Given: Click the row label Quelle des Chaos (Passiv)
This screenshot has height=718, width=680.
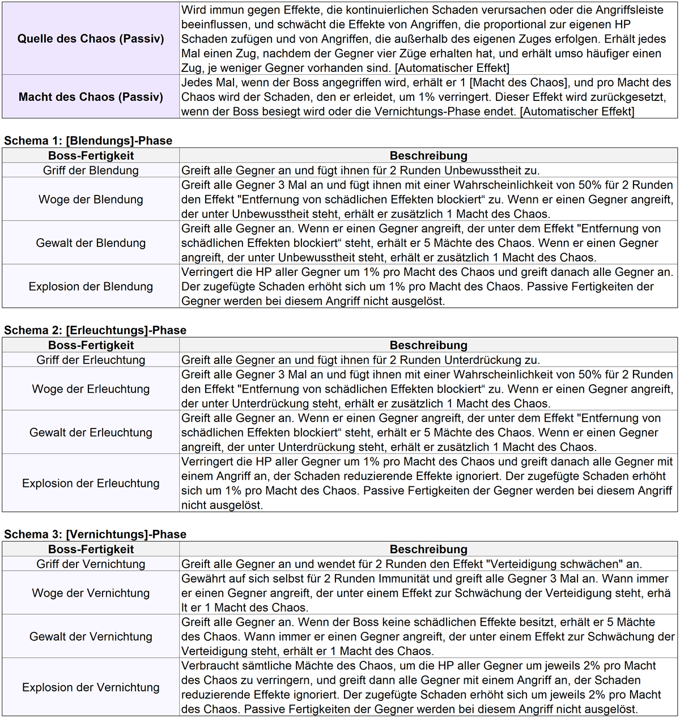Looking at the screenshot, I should (x=91, y=39).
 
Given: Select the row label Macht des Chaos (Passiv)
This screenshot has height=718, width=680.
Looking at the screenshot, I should (x=91, y=97).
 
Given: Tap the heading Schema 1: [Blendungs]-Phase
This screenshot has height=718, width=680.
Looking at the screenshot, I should (x=88, y=141).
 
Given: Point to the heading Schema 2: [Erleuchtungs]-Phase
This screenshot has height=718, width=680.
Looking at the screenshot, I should (x=95, y=330).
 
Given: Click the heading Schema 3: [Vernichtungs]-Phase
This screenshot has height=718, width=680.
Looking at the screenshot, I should (x=95, y=534).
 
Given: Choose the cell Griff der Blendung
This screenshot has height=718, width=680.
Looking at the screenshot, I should (x=91, y=171).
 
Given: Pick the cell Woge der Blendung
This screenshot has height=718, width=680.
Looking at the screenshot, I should (x=91, y=199).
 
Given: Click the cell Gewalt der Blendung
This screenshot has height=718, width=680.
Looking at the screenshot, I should (x=91, y=243).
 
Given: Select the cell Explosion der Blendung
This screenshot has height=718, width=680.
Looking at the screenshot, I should (x=91, y=287).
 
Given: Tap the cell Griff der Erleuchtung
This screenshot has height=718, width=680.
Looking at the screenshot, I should (x=91, y=360).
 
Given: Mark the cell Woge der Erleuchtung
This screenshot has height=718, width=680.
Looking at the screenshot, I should (x=91, y=389).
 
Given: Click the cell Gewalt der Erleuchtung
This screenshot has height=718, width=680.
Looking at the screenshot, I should (x=91, y=432).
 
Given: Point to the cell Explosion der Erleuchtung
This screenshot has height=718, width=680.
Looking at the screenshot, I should (x=91, y=483).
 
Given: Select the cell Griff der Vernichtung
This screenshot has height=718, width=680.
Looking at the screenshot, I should (x=91, y=564).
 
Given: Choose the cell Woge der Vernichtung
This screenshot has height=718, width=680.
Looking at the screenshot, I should (x=91, y=593).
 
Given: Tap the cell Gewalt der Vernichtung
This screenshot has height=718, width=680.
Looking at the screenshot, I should (x=91, y=636).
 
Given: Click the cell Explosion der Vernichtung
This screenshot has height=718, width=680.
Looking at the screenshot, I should (x=91, y=687).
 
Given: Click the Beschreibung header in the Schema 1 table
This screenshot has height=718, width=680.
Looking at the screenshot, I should (x=428, y=156).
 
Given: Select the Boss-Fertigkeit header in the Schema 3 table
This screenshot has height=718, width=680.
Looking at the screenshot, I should (x=91, y=549).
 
